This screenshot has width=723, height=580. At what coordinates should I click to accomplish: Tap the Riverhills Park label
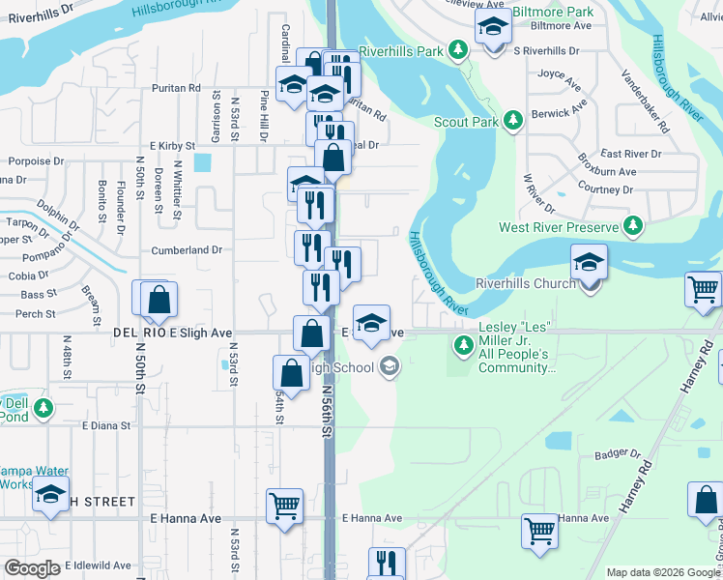400,50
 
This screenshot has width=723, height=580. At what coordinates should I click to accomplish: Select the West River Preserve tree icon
632,226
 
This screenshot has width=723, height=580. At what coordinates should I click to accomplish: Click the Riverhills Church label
525,283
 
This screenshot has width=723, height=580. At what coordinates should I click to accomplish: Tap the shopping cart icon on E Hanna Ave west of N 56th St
284,505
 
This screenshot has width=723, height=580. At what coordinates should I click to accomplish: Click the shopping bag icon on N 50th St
159,301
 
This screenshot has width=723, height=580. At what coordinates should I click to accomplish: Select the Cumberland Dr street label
187,249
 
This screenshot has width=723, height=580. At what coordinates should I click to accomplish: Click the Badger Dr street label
618,453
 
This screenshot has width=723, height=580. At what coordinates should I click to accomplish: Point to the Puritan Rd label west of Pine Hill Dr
175,88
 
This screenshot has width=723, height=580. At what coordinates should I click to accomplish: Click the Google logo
32,568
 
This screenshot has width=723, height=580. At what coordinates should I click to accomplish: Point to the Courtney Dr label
604,189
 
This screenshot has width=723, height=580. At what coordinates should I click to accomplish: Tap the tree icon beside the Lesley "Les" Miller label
464,343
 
